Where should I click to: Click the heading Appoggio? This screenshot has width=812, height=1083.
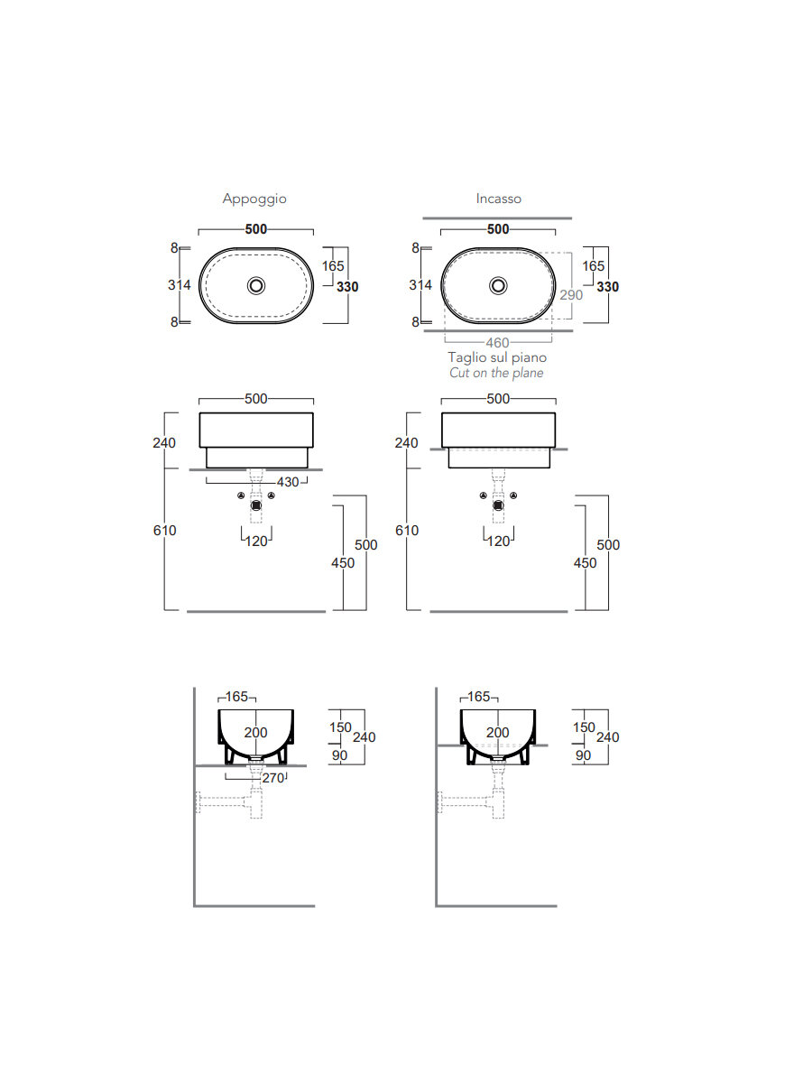254,199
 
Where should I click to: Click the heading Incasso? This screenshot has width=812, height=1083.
499,199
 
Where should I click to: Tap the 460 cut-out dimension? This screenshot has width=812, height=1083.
497,343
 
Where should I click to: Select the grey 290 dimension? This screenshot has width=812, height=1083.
571,295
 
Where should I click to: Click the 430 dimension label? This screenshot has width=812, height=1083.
287,483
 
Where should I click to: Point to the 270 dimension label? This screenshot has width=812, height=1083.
272,777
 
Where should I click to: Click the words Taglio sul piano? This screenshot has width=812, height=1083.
497,358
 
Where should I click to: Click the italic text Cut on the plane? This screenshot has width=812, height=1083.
497,373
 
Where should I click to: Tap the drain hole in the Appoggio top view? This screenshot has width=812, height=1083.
257,286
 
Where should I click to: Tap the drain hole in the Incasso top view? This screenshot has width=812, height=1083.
499,286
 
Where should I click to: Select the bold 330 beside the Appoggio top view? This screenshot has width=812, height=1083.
347,287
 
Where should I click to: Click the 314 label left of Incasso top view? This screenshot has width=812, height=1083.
421,285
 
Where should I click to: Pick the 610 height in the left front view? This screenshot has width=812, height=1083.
165,531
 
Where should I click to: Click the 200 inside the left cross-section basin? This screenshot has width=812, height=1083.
256,733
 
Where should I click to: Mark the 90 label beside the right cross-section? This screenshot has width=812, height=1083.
583,755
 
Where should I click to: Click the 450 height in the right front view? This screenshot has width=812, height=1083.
586,563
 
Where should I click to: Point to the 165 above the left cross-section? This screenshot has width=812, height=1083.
237,697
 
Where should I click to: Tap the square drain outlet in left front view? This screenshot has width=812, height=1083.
257,505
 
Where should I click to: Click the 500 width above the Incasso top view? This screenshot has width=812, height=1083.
498,229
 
